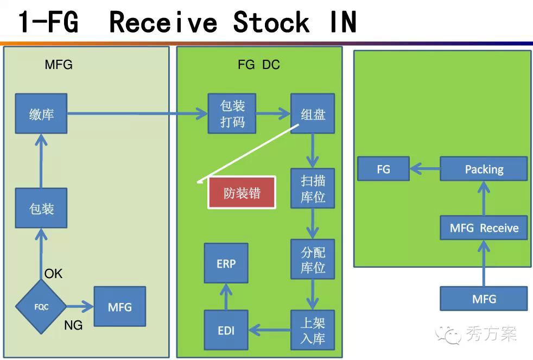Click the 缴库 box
pyautogui.click(x=41, y=113)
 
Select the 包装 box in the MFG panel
pyautogui.click(x=41, y=208)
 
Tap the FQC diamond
pyautogui.click(x=41, y=307)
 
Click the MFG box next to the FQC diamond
pyautogui.click(x=120, y=307)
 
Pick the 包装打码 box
pyautogui.click(x=232, y=113)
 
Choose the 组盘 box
pyautogui.click(x=313, y=113)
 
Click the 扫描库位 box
pyautogui.click(x=313, y=188)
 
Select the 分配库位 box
pyautogui.click(x=313, y=260)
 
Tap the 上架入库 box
pyautogui.click(x=313, y=330)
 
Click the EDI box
pyautogui.click(x=226, y=330)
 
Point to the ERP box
pyautogui.click(x=226, y=263)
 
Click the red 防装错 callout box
pyautogui.click(x=242, y=193)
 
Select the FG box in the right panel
pyautogui.click(x=383, y=169)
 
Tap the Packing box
pyautogui.click(x=484, y=169)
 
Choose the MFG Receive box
pyautogui.click(x=484, y=228)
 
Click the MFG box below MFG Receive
pyautogui.click(x=484, y=299)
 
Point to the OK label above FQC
pyautogui.click(x=54, y=274)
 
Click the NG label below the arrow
pyautogui.click(x=73, y=326)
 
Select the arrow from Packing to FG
pyautogui.click(x=424, y=169)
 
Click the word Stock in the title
pyautogui.click(x=271, y=23)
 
